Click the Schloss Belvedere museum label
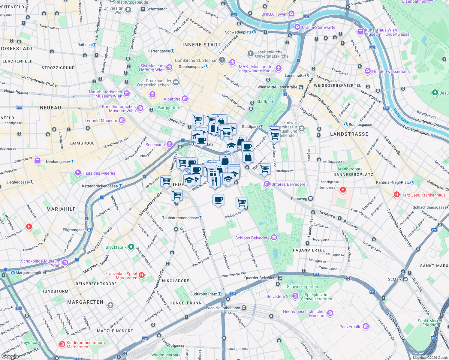[x=252, y=238]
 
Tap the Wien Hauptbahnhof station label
[x=223, y=308]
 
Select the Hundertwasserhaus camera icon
[x=368, y=71]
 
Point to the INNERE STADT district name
[x=201, y=45]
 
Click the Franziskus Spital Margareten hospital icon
[x=142, y=275]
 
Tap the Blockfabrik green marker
[x=131, y=247]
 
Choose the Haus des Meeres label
[x=99, y=173]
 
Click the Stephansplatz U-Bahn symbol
[x=206, y=67]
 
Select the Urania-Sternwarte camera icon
[x=297, y=27]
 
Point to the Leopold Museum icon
[x=122, y=121]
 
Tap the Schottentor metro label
[x=156, y=9]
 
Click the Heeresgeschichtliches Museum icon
[x=330, y=313]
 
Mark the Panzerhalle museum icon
[x=366, y=326]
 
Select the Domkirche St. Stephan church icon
[x=222, y=60]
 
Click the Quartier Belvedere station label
[x=260, y=278]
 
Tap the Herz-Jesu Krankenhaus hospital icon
[x=396, y=195]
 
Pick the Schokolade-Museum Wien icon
[x=65, y=263]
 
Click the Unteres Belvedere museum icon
[x=267, y=184]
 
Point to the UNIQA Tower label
[x=274, y=14]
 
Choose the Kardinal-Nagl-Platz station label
[x=393, y=182]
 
